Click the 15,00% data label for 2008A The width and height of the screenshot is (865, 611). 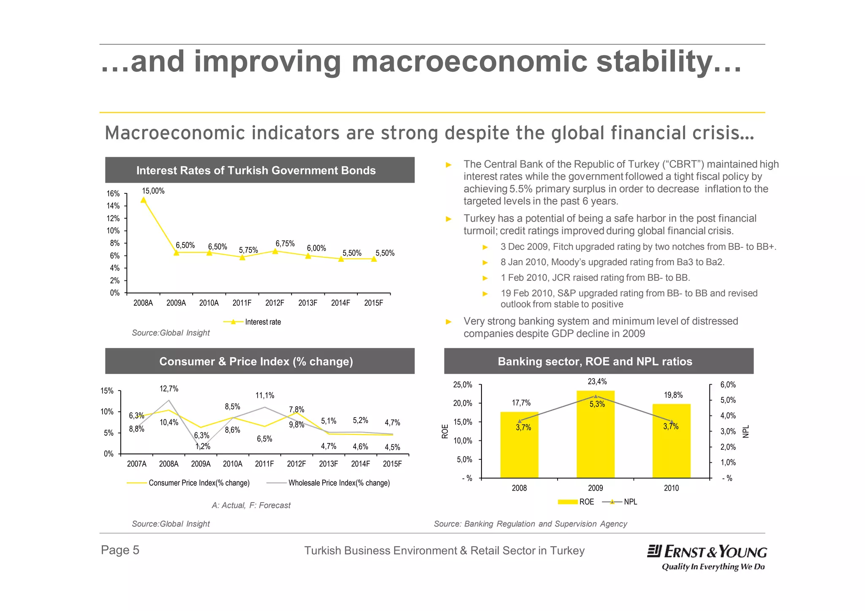click(x=153, y=191)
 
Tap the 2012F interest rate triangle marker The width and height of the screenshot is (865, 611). click(x=275, y=251)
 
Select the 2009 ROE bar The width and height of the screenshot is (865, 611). click(x=595, y=435)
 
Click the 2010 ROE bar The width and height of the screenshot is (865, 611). click(x=671, y=441)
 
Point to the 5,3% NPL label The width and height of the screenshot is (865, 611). click(x=597, y=405)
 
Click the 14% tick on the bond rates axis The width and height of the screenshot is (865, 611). click(x=113, y=206)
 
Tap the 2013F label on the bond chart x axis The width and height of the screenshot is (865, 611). click(x=307, y=303)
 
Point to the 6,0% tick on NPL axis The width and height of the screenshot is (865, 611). click(x=728, y=385)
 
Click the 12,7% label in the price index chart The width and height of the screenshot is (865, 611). click(x=169, y=389)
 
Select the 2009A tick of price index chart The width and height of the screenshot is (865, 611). click(x=201, y=464)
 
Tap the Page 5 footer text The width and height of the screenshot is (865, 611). click(x=120, y=550)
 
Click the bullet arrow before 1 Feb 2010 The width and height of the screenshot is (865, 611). click(x=485, y=278)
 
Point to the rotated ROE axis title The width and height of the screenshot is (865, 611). click(x=445, y=431)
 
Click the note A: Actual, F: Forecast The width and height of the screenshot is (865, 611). click(x=251, y=505)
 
